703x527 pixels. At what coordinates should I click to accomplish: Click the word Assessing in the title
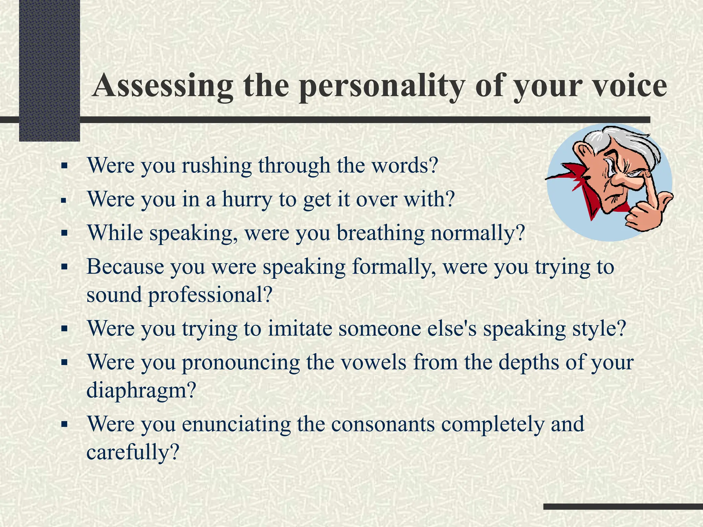coord(163,86)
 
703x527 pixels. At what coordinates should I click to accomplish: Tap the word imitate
coord(300,328)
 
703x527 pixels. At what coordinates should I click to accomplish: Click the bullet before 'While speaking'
coord(64,233)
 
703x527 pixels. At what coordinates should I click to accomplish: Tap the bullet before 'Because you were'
coord(64,267)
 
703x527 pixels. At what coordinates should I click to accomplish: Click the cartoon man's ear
coord(584,151)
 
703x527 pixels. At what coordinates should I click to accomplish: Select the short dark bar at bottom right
coord(623,506)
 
